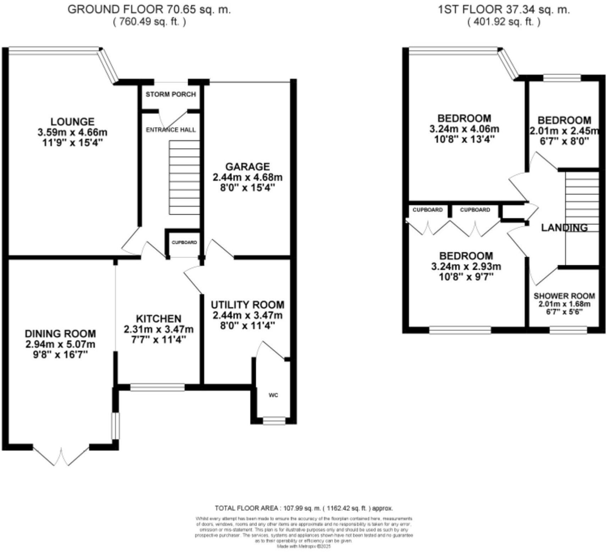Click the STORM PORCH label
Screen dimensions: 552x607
pos(171,94)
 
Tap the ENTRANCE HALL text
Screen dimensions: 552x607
pos(171,130)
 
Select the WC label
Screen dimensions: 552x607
pos(273,395)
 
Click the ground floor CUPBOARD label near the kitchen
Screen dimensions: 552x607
pos(184,243)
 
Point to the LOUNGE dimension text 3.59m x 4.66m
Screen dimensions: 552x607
pos(72,132)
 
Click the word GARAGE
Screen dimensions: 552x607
pos(247,166)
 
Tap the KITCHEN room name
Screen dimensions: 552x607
pos(158,319)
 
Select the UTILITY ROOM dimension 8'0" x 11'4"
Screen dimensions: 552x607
pos(247,326)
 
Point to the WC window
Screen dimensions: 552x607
pos(274,421)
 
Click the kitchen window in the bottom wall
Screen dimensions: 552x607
pos(157,387)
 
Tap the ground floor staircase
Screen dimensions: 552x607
pos(184,177)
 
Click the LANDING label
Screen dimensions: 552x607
pos(564,228)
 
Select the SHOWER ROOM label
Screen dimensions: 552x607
pos(564,296)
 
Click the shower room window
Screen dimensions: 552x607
pos(568,330)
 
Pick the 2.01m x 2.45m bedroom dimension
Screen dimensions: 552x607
pos(564,131)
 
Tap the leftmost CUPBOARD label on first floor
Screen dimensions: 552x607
pos(428,210)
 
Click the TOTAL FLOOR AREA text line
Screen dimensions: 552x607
pos(304,508)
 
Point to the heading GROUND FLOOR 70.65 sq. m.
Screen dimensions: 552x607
pos(149,10)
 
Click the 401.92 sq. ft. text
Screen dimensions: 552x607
pos(504,22)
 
